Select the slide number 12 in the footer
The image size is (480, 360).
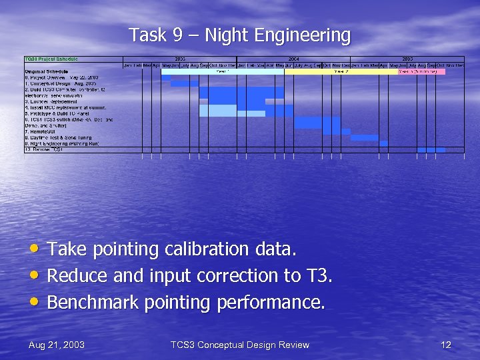click(446, 345)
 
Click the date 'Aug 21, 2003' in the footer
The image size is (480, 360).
click(57, 345)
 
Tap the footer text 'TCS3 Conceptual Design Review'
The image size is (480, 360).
click(240, 345)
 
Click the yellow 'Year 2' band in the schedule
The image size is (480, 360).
click(341, 71)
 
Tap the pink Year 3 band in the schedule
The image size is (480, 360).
click(421, 71)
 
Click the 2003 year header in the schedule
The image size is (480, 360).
click(180, 59)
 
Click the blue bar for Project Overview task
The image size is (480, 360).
click(166, 77)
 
